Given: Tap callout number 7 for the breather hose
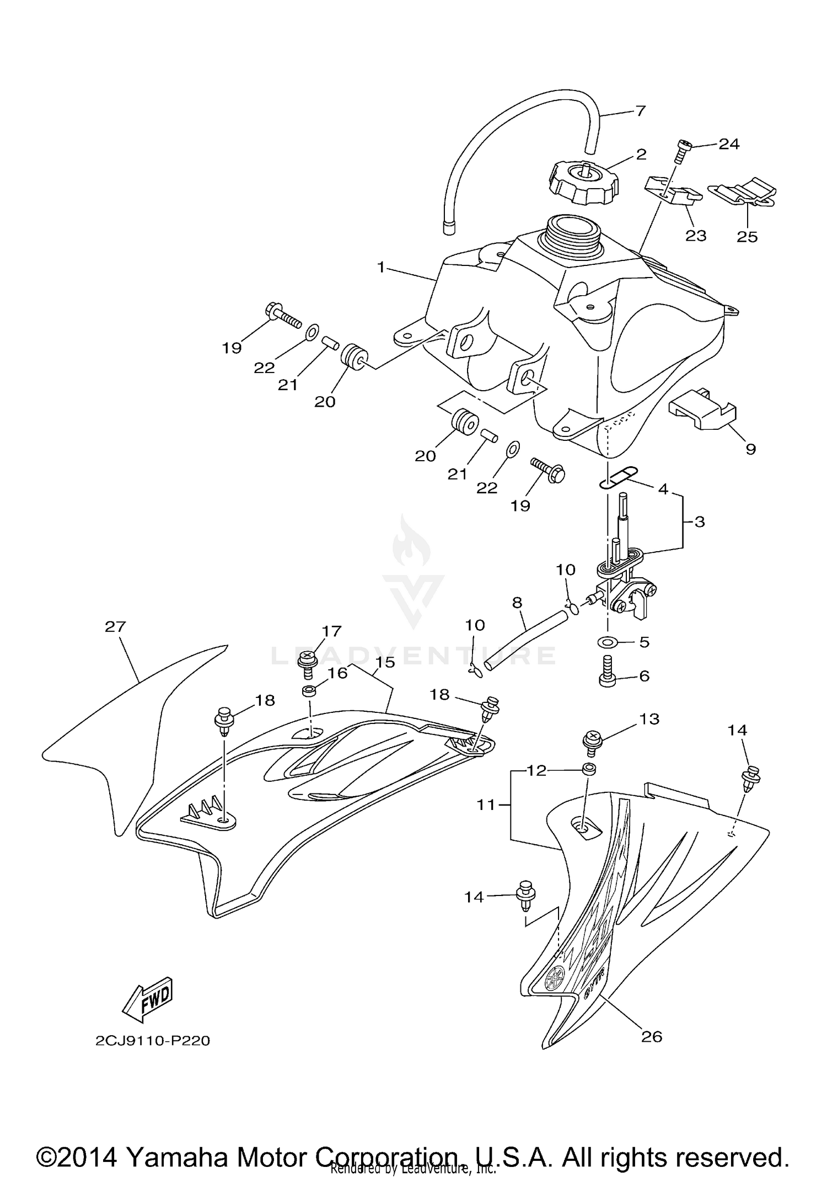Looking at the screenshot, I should click(x=640, y=111).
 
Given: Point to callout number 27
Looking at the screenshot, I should click(x=115, y=627).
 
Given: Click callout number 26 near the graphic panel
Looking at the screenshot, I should click(x=652, y=1037).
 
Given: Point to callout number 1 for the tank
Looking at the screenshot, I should click(x=380, y=268).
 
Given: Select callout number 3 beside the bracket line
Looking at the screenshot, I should click(x=700, y=521).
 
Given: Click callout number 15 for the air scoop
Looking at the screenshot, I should click(x=385, y=662).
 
